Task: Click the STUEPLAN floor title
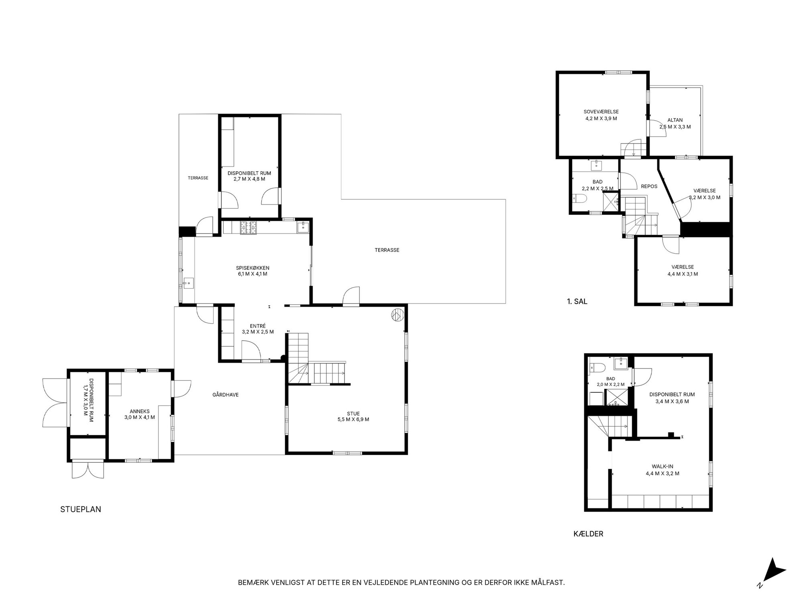click(81, 509)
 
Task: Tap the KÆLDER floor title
click(588, 534)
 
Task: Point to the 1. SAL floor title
click(577, 301)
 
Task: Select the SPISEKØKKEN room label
click(253, 268)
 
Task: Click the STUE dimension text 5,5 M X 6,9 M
click(353, 419)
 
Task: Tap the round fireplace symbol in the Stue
click(397, 315)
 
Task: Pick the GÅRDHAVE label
click(226, 395)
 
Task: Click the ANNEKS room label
click(140, 411)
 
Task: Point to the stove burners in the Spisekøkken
click(248, 228)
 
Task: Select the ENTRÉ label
click(258, 326)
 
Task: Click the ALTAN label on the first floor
click(675, 120)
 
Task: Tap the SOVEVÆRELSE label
click(601, 112)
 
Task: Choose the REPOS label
click(649, 187)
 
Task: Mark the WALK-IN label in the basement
click(662, 466)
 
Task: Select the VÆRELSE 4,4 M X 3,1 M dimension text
click(683, 274)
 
